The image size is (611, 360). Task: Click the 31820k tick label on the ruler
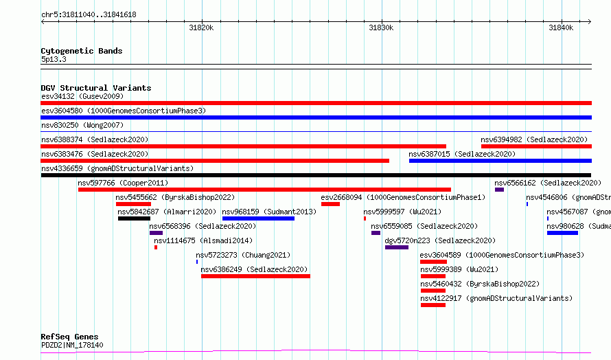pos(201,27)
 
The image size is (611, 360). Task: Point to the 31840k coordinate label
pos(561,27)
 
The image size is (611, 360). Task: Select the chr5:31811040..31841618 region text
pos(89,15)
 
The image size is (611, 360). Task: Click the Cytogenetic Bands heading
pos(82,51)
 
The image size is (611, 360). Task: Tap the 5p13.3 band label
pos(54,59)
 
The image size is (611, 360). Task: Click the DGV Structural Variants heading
pos(96,88)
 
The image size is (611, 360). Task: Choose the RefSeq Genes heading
pos(69,337)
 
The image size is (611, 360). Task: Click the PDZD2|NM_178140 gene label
pos(72,345)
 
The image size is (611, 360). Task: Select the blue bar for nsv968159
pos(258,218)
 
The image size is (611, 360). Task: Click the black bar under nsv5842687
pos(134,218)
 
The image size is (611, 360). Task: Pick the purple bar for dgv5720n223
pos(397,247)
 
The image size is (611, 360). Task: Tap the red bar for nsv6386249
pos(255,276)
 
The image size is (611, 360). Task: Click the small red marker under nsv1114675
pos(156,247)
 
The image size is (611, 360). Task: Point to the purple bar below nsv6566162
pos(500,190)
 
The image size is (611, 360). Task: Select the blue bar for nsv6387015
pos(500,161)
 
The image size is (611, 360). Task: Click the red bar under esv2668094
pos(330,204)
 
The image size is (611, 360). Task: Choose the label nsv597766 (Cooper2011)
pos(123,183)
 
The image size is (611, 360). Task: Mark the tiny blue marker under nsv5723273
pos(197,262)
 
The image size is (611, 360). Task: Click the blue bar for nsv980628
pos(563,233)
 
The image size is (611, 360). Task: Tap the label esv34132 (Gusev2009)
pos(82,96)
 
